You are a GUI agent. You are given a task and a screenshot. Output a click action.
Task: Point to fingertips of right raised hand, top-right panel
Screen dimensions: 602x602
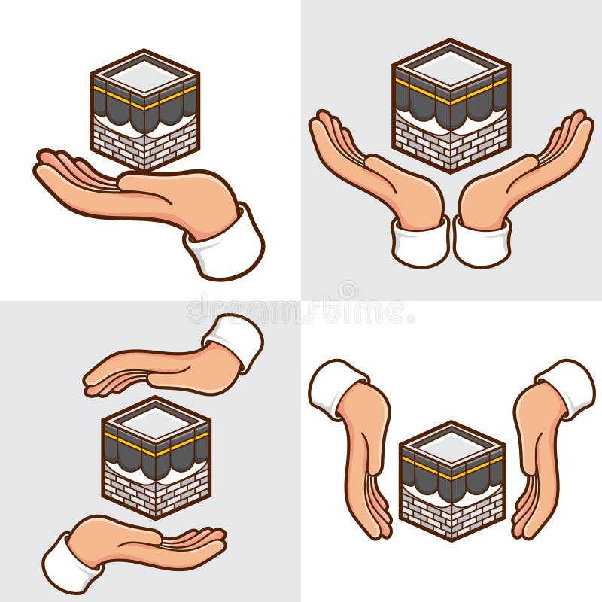[x=579, y=120]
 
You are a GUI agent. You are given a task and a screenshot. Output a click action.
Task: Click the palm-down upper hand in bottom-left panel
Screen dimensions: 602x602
[x=162, y=369]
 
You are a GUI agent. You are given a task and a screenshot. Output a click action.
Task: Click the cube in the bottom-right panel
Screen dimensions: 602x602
[x=452, y=482]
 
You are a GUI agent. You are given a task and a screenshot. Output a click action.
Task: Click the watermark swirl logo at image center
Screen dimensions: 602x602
[x=347, y=290]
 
